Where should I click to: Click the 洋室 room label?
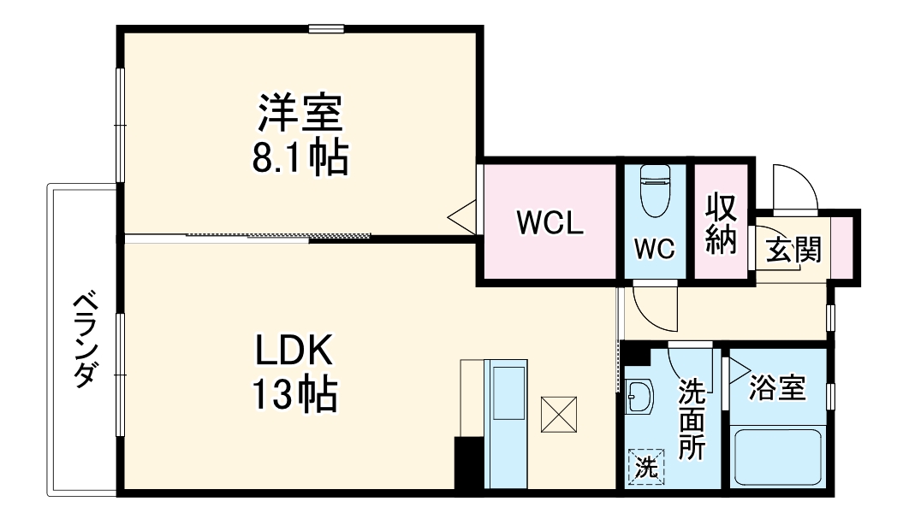[300, 112]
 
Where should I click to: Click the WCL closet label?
[549, 223]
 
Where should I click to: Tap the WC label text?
[655, 249]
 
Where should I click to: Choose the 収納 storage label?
[722, 224]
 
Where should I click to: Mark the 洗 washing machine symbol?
[645, 468]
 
